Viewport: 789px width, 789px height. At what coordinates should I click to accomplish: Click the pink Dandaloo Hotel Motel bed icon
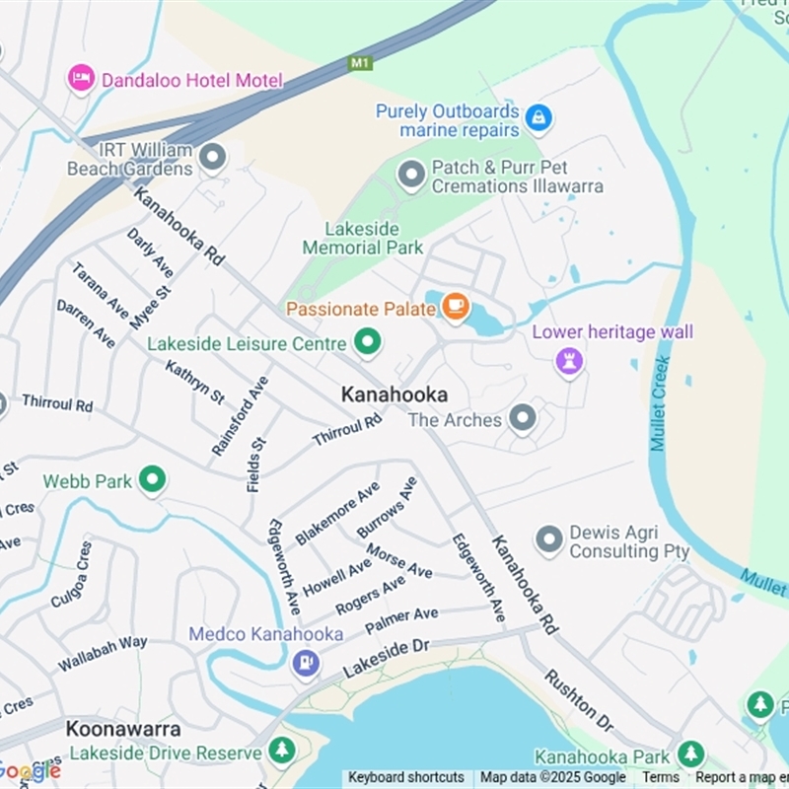click(x=81, y=79)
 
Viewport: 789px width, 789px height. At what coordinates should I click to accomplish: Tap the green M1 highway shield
click(x=360, y=63)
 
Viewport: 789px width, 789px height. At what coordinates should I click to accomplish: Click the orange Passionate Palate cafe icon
click(x=455, y=308)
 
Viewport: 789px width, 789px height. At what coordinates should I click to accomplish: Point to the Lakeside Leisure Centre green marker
click(x=368, y=343)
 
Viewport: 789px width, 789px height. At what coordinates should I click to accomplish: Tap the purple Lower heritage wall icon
click(x=569, y=360)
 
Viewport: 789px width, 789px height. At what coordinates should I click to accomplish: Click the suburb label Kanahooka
click(x=394, y=394)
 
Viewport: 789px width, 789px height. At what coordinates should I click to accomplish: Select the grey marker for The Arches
click(x=523, y=419)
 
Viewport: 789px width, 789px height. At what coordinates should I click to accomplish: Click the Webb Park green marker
click(x=152, y=480)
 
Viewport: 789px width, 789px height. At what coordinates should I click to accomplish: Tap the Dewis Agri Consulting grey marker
click(x=549, y=539)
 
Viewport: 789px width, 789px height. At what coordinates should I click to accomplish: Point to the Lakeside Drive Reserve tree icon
click(x=282, y=751)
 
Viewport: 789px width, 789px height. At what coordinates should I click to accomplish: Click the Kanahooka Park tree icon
click(x=690, y=754)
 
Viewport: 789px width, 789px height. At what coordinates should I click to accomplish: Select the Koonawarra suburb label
click(x=123, y=729)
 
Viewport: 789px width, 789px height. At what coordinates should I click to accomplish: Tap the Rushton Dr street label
click(x=579, y=700)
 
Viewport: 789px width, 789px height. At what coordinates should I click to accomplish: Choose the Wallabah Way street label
click(x=103, y=653)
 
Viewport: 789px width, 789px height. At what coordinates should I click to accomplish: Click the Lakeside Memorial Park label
click(x=363, y=238)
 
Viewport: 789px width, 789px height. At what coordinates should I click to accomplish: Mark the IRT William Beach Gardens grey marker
click(x=212, y=157)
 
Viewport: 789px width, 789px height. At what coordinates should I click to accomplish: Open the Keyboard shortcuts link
click(x=406, y=777)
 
